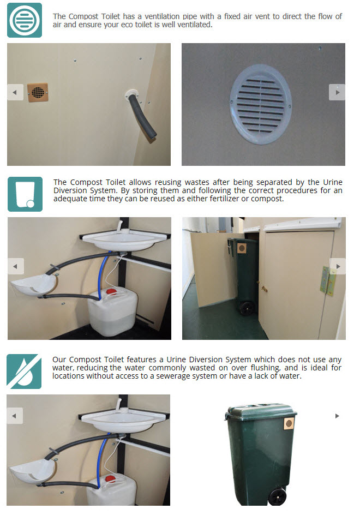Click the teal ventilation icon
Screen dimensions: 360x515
[x=25, y=20]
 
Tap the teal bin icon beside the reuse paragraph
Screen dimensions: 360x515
[x=25, y=194]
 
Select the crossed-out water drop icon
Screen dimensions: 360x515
[x=24, y=372]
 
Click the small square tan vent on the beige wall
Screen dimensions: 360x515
[x=38, y=92]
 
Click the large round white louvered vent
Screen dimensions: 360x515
[x=261, y=104]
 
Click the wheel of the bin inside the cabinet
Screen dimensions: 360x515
[x=247, y=308]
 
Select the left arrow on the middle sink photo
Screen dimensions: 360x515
[x=16, y=266]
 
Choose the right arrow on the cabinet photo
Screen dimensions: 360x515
[x=337, y=266]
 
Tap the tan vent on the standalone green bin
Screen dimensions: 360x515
[x=289, y=423]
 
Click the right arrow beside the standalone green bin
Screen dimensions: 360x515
[x=337, y=416]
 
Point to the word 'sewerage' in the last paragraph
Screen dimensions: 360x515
[x=171, y=376]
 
